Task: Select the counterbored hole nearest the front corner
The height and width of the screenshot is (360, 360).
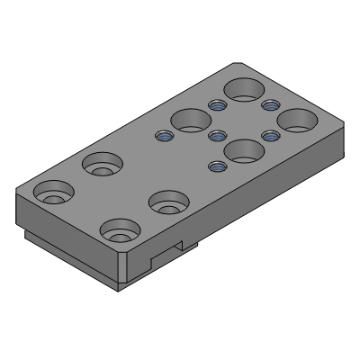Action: (119, 231)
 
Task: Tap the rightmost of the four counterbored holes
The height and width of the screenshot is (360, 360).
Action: (167, 202)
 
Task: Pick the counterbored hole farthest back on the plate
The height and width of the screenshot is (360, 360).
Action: (103, 165)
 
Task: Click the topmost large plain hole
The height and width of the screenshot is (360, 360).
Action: (244, 90)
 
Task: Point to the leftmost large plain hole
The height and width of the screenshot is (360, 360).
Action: (190, 120)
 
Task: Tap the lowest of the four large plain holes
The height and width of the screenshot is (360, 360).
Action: (243, 150)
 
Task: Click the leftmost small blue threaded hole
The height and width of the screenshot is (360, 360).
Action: (163, 137)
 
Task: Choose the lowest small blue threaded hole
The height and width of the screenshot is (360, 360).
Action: (216, 166)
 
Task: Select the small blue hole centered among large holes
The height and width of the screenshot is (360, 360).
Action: (216, 136)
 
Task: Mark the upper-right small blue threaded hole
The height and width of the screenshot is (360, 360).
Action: (268, 106)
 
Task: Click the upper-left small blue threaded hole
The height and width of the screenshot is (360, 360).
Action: (216, 106)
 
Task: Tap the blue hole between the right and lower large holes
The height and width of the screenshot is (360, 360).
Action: (268, 136)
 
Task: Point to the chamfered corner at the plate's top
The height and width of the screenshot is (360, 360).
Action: (236, 64)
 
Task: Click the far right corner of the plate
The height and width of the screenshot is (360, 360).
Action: (344, 126)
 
